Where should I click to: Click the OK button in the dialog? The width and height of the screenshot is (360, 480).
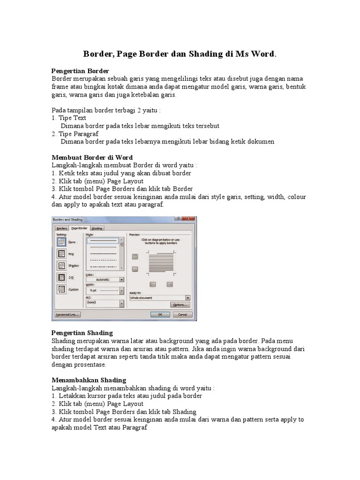click(160, 315)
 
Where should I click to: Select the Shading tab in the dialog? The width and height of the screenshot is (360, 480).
click(97, 228)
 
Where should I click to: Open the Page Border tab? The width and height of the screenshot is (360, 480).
click(80, 228)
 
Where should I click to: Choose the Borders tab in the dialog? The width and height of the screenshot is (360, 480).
click(62, 228)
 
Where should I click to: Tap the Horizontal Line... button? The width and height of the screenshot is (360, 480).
click(67, 315)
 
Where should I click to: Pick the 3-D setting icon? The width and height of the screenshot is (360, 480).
click(61, 277)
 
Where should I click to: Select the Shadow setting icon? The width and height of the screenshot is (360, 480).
click(61, 265)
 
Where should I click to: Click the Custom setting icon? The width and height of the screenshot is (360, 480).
click(61, 289)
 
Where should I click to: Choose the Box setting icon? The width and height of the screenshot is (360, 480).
click(61, 254)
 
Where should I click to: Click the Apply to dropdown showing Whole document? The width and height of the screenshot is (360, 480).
click(160, 298)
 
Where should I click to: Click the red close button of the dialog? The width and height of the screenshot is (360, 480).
click(190, 219)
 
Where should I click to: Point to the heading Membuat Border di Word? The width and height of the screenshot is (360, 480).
click(92, 157)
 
